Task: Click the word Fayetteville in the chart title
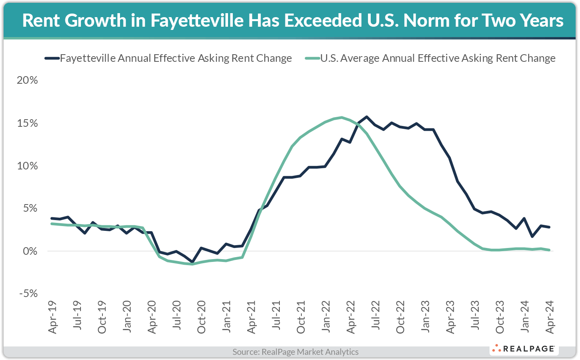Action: point(197,20)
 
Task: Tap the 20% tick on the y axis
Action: point(27,80)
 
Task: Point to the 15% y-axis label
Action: point(27,123)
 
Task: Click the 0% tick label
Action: point(29,251)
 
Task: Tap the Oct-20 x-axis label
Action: point(202,317)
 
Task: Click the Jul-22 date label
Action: point(376,317)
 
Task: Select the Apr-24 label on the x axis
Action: point(550,317)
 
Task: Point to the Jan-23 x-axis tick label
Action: point(425,317)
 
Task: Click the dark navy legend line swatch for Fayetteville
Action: point(52,58)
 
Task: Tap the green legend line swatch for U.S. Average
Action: point(312,58)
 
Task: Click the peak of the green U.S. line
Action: point(342,117)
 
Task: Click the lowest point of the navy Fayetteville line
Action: point(193,262)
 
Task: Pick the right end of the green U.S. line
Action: point(549,250)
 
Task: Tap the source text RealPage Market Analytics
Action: point(295,352)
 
